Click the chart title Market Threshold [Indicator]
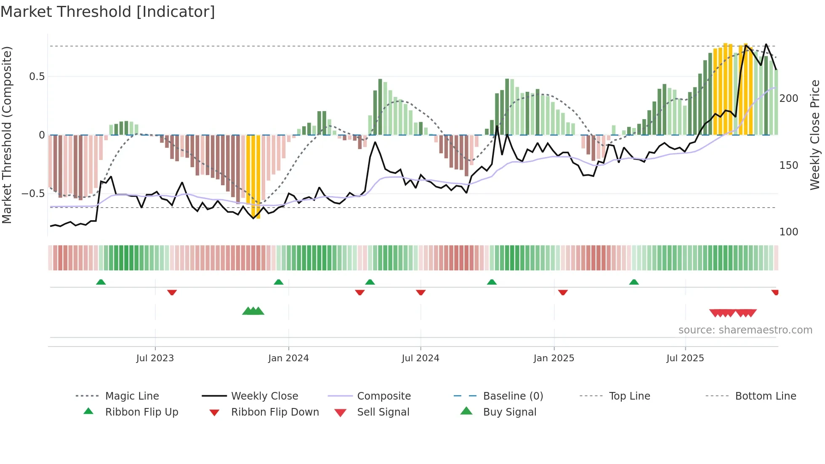click(108, 12)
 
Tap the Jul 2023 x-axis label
click(155, 358)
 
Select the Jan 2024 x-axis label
click(288, 358)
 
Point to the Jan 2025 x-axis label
click(554, 358)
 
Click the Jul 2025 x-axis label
click(685, 358)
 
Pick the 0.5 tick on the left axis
click(37, 77)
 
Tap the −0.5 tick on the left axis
click(33, 194)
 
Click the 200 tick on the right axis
click(788, 99)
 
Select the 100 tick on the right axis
click(788, 232)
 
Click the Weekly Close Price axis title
click(815, 135)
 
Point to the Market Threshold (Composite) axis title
click(7, 135)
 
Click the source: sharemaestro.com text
click(745, 330)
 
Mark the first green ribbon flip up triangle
click(101, 282)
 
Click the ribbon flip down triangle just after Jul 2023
click(172, 292)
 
